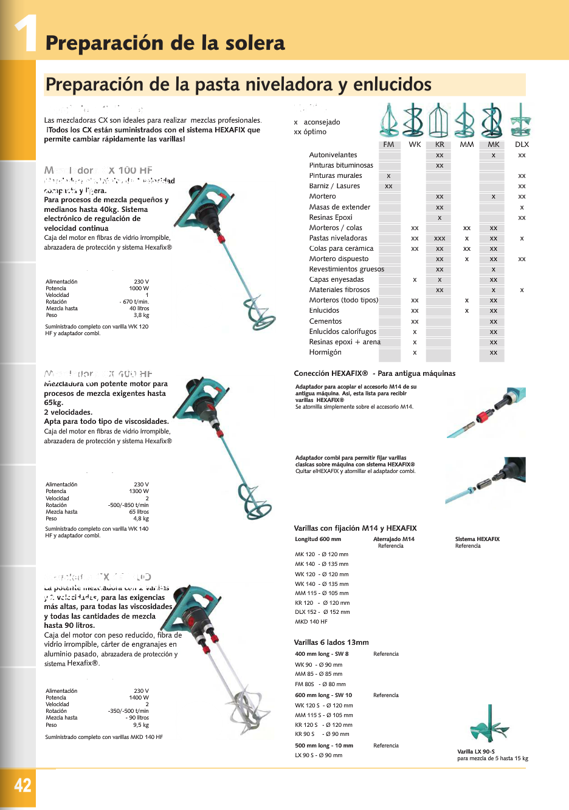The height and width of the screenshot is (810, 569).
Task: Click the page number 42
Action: (22, 785)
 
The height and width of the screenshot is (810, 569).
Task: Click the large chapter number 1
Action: (25, 33)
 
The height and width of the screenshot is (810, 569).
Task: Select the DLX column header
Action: (522, 145)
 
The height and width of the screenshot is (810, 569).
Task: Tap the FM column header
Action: (389, 145)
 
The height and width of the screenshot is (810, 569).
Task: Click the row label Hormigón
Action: (325, 352)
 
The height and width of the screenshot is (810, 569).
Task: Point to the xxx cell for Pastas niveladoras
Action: (440, 239)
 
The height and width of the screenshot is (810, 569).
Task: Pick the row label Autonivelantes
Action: (333, 155)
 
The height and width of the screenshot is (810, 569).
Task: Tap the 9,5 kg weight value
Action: (141, 724)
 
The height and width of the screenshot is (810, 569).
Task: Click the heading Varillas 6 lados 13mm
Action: (331, 642)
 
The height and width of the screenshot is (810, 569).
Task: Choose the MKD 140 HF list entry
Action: (311, 622)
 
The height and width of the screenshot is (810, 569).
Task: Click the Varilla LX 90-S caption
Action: (476, 752)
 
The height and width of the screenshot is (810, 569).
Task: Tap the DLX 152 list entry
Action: (322, 612)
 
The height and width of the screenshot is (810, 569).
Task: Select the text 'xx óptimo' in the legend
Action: (310, 132)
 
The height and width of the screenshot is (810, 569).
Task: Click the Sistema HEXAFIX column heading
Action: (477, 539)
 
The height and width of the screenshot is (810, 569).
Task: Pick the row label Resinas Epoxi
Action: (331, 217)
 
